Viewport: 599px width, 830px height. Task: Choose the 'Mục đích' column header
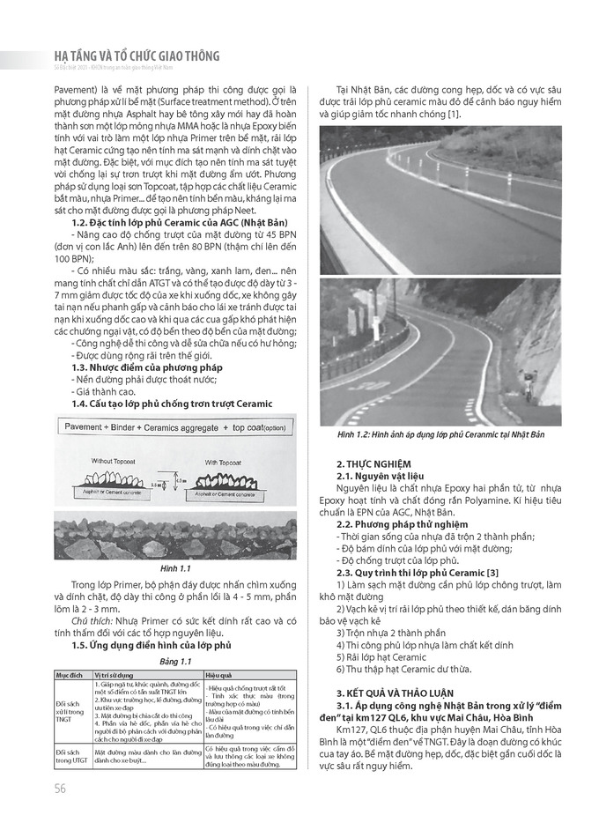coord(70,674)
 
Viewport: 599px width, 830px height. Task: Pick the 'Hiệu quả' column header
coord(219,674)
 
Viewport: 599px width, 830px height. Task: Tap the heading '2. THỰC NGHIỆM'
coord(373,463)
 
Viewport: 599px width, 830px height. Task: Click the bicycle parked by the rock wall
coord(529,389)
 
